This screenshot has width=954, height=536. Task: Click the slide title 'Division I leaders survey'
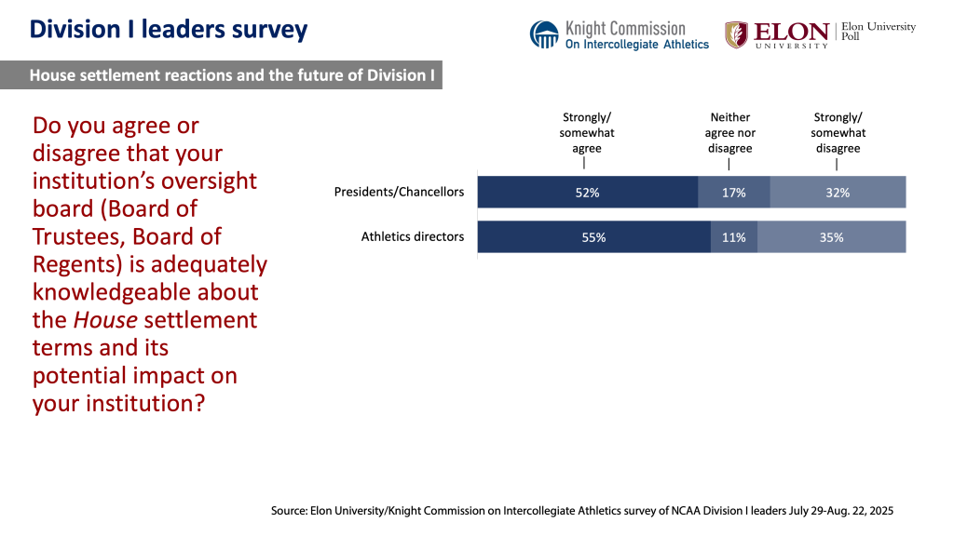168,30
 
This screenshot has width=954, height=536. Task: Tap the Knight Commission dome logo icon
544,34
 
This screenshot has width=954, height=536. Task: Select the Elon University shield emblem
736,34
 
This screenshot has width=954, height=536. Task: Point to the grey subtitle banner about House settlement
233,75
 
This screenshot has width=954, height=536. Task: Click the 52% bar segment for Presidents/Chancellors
587,193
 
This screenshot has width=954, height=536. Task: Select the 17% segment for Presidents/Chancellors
733,193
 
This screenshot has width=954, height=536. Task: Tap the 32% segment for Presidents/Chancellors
838,193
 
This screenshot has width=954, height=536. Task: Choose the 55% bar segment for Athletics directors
593,237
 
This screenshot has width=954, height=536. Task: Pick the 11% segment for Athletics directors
733,237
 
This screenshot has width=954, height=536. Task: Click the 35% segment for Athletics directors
831,237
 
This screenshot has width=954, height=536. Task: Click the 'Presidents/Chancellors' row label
399,193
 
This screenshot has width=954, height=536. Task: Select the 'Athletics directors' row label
412,237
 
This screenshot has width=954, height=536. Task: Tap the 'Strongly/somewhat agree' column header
587,132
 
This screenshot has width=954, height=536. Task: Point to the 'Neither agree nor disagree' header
729,132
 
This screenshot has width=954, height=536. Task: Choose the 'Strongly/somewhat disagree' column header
838,132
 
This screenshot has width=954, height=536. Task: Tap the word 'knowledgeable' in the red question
145,292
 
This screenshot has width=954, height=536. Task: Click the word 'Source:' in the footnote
291,511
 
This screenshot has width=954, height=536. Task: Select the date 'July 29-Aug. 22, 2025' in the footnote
829,511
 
